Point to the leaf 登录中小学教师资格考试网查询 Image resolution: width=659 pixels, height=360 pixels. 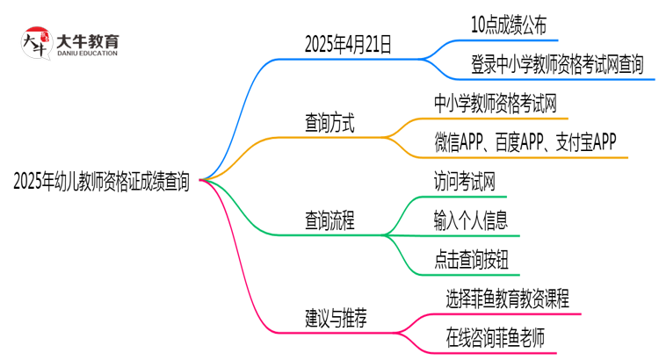click(x=545, y=64)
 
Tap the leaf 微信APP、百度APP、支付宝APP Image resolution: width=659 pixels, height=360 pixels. click(x=525, y=142)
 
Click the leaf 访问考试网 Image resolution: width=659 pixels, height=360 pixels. click(x=465, y=182)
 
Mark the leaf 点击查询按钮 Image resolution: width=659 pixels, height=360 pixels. click(x=470, y=259)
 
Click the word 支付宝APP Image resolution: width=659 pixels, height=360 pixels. click(x=586, y=142)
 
